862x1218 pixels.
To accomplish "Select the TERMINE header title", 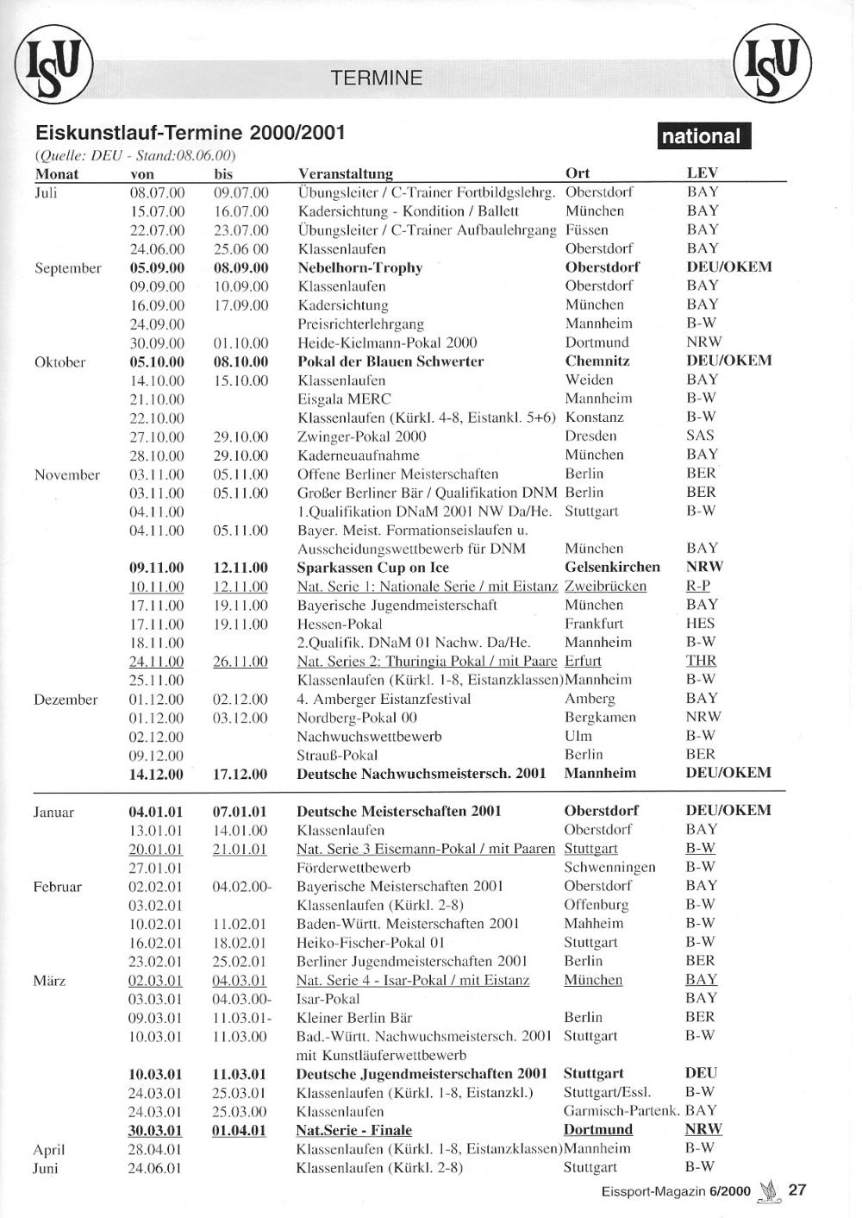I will pyautogui.click(x=377, y=78).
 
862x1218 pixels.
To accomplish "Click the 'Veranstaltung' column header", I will pyautogui.click(x=345, y=173).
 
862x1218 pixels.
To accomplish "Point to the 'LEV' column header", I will pyautogui.click(x=702, y=173).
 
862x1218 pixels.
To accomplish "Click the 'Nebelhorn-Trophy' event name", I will pyautogui.click(x=359, y=267).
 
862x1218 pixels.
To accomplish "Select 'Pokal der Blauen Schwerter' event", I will pyautogui.click(x=390, y=361).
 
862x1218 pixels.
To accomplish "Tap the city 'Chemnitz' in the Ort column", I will pyautogui.click(x=597, y=361).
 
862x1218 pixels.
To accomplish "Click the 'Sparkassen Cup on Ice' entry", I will pyautogui.click(x=372, y=568).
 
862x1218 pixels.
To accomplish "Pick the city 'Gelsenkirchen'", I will pyautogui.click(x=612, y=567).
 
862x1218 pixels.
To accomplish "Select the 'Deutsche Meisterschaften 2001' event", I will pyautogui.click(x=398, y=811).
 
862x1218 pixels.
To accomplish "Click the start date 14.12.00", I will pyautogui.click(x=156, y=774).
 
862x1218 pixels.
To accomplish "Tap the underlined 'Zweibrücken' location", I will pyautogui.click(x=605, y=586).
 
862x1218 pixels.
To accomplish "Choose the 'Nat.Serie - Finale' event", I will pyautogui.click(x=353, y=1130).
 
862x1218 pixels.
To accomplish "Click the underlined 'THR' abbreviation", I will pyautogui.click(x=701, y=661).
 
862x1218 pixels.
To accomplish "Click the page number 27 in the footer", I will pyautogui.click(x=797, y=1190).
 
